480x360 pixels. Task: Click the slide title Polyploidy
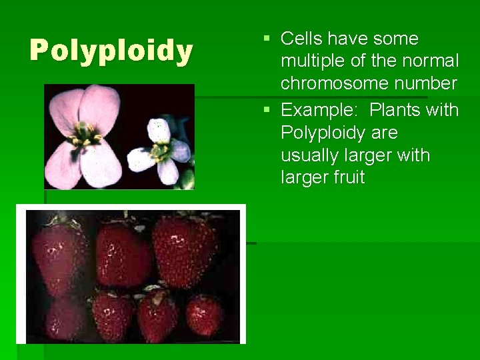pyautogui.click(x=111, y=51)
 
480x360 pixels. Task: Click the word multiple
pyautogui.click(x=310, y=61)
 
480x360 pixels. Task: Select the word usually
pyautogui.click(x=308, y=155)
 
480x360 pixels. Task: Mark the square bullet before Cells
pyautogui.click(x=267, y=39)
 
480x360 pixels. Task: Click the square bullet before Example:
pyautogui.click(x=267, y=109)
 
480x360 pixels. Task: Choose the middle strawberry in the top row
pyautogui.click(x=122, y=253)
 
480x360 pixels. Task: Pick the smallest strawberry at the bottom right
pyautogui.click(x=204, y=313)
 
